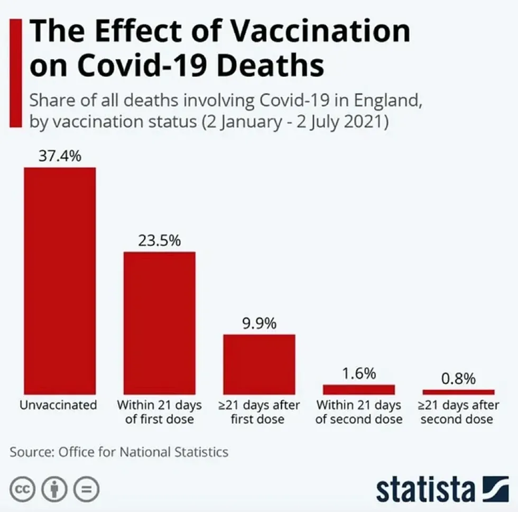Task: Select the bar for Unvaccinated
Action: point(59,280)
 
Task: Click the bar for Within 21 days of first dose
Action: point(159,323)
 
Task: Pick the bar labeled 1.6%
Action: point(358,389)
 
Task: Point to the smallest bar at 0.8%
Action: point(458,392)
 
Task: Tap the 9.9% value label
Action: point(259,323)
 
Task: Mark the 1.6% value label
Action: point(358,373)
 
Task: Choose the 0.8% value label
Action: point(458,379)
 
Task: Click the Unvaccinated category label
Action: point(59,406)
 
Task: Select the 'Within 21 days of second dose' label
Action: point(359,412)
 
